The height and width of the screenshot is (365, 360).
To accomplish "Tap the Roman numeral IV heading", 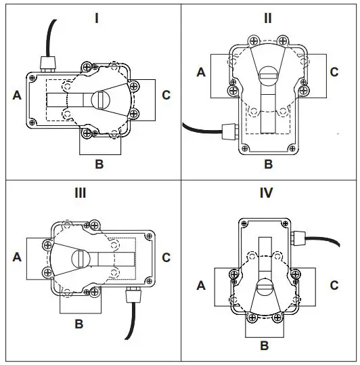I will coord(266,193).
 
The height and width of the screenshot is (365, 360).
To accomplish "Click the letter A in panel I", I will coord(17,96).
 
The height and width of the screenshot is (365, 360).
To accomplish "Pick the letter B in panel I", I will coord(99,163).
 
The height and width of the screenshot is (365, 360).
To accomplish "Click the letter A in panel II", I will coord(201,72).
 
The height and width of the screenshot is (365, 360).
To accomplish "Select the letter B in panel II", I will coord(268,163).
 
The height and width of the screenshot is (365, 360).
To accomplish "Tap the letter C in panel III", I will coord(166,257).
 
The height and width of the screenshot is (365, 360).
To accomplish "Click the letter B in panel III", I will coord(79,324).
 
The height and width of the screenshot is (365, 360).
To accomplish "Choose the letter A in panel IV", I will coord(201,286).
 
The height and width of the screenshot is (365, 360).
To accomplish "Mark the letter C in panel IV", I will coord(334,286).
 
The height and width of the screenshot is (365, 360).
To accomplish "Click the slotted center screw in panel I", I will coord(100,99).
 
